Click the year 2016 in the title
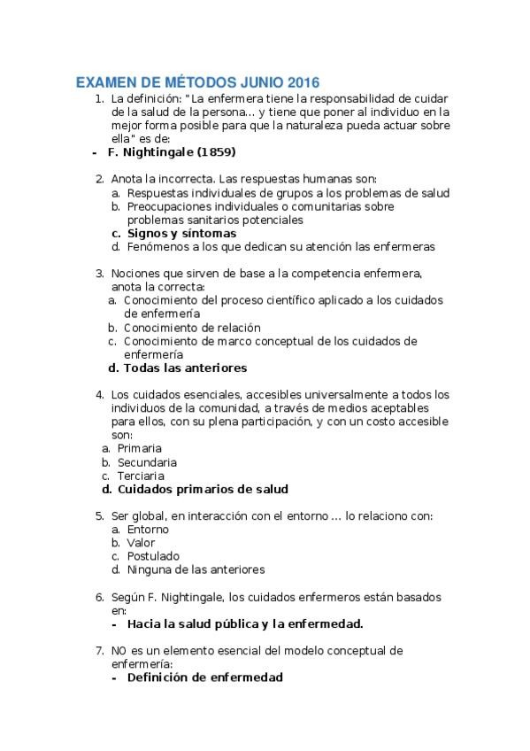coord(301,82)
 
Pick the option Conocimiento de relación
coord(192,328)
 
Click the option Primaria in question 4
coord(140,448)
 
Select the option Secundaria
coord(147,461)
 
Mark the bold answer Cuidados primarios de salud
coord(203,489)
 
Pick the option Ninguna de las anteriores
coord(196,569)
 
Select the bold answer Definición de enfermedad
coord(204,677)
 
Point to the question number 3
coord(98,274)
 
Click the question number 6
coord(98,597)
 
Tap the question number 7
coord(98,650)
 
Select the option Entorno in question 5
coord(148,529)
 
